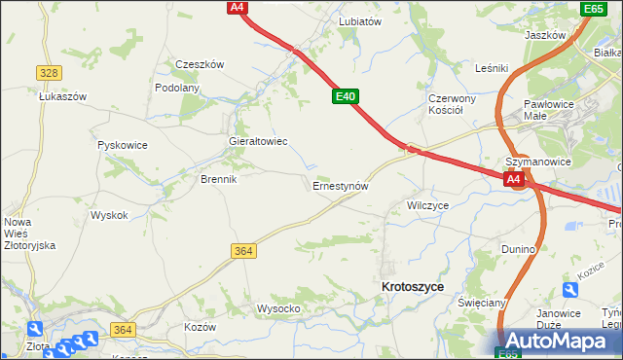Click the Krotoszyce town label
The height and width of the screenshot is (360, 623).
(x=413, y=287)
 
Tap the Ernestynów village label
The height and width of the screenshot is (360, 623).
(x=339, y=185)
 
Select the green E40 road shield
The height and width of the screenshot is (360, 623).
(x=346, y=97)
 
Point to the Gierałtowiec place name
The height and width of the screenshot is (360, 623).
(x=257, y=141)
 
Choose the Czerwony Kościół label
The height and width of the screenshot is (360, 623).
(x=451, y=104)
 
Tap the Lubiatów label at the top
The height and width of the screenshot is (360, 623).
(x=359, y=20)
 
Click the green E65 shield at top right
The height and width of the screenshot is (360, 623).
(x=594, y=9)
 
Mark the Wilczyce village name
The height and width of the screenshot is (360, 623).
(x=427, y=206)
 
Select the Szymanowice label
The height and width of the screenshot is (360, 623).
(x=536, y=162)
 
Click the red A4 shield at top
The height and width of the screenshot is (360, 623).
(x=237, y=7)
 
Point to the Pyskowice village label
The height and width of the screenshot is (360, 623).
(x=123, y=145)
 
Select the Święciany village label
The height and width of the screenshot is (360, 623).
(x=480, y=303)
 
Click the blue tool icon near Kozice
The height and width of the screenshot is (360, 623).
(x=569, y=290)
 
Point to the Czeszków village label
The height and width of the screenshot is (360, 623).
(x=200, y=64)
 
